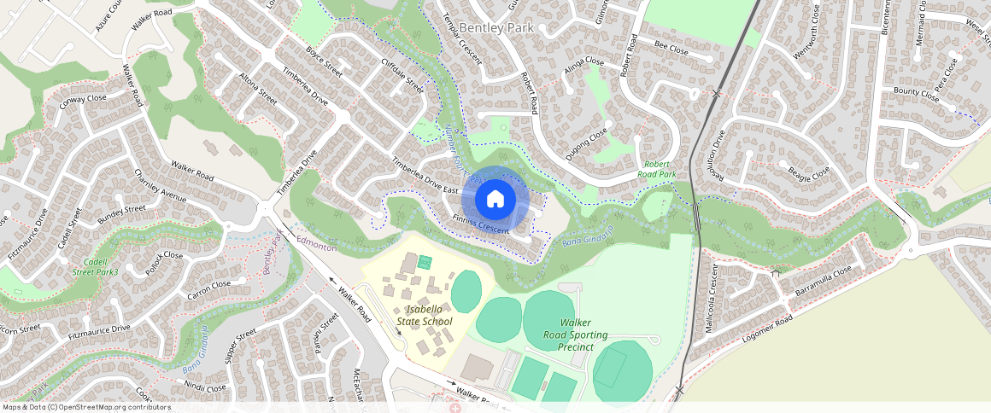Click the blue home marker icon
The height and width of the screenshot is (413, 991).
point(495,199)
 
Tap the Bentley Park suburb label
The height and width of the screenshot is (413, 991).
point(496,28)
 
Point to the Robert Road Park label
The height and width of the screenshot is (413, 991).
point(656,168)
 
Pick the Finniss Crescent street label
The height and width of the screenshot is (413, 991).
point(482,224)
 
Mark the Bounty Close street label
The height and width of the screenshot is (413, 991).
point(916,92)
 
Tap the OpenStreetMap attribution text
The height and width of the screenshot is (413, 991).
point(86,407)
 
